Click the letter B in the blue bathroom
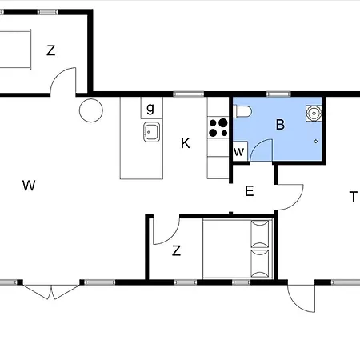click(280, 125)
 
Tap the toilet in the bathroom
click(242, 111)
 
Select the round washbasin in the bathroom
click(314, 114)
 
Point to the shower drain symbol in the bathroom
click(316, 142)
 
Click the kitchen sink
click(151, 132)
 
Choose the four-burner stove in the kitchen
click(218, 127)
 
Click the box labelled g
click(151, 108)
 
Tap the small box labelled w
click(240, 151)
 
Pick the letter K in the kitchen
click(186, 143)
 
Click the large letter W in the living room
click(29, 186)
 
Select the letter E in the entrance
click(250, 191)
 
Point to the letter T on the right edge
click(354, 197)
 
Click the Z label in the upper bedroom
click(50, 50)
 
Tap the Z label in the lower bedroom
click(176, 251)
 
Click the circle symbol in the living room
click(91, 110)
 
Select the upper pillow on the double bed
click(260, 234)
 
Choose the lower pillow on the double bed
click(260, 264)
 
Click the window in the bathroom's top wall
click(278, 94)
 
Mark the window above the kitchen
click(189, 94)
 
